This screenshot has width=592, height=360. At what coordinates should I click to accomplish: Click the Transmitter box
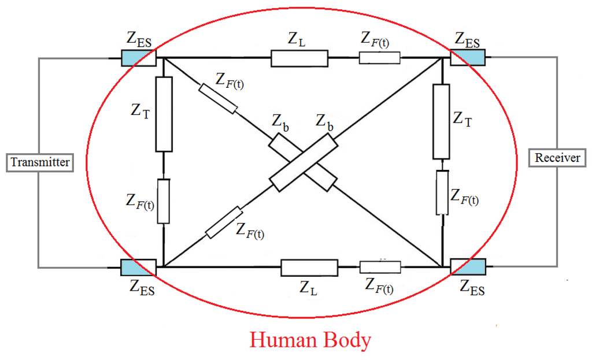coord(40,162)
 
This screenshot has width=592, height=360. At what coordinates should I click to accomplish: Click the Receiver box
coord(557,157)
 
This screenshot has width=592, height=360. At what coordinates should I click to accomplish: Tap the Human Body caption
coord(310,340)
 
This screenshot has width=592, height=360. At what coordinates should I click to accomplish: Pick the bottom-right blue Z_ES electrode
coord(468,267)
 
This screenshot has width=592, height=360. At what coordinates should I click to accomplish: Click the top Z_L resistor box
coord(299,58)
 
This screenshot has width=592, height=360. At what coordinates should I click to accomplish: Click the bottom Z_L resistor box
coord(309,268)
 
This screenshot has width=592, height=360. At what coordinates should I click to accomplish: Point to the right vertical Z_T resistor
coord(442,121)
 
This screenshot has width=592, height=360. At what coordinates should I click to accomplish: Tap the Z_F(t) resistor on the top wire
coord(379,58)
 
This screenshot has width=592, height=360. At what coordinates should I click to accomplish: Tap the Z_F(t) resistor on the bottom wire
coord(380,267)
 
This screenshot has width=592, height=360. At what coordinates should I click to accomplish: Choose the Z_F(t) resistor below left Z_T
coord(164,201)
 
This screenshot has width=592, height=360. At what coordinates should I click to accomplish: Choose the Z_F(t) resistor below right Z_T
coord(442,192)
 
